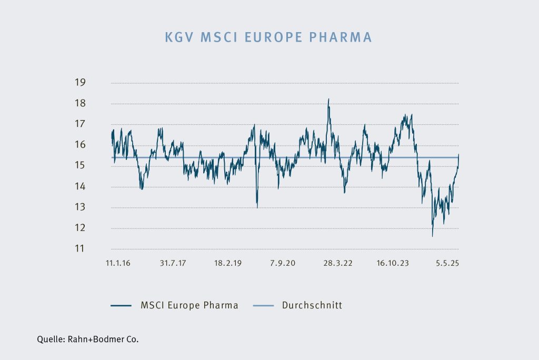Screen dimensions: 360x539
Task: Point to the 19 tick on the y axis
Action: click(x=80, y=83)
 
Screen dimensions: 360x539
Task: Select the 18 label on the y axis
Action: click(x=80, y=104)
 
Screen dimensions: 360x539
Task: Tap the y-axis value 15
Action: click(x=80, y=166)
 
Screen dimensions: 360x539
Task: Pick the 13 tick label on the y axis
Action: click(x=80, y=207)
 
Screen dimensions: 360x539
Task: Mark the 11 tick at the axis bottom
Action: click(x=80, y=248)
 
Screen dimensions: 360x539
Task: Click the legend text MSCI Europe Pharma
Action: click(x=189, y=305)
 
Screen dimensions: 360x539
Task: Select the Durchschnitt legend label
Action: click(x=312, y=305)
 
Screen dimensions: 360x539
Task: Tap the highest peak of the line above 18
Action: click(x=328, y=99)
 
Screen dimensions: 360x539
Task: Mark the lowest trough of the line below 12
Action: click(x=432, y=236)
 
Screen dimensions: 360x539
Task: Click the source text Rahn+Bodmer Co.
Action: click(x=103, y=339)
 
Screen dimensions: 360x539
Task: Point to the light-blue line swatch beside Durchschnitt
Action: click(x=263, y=305)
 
